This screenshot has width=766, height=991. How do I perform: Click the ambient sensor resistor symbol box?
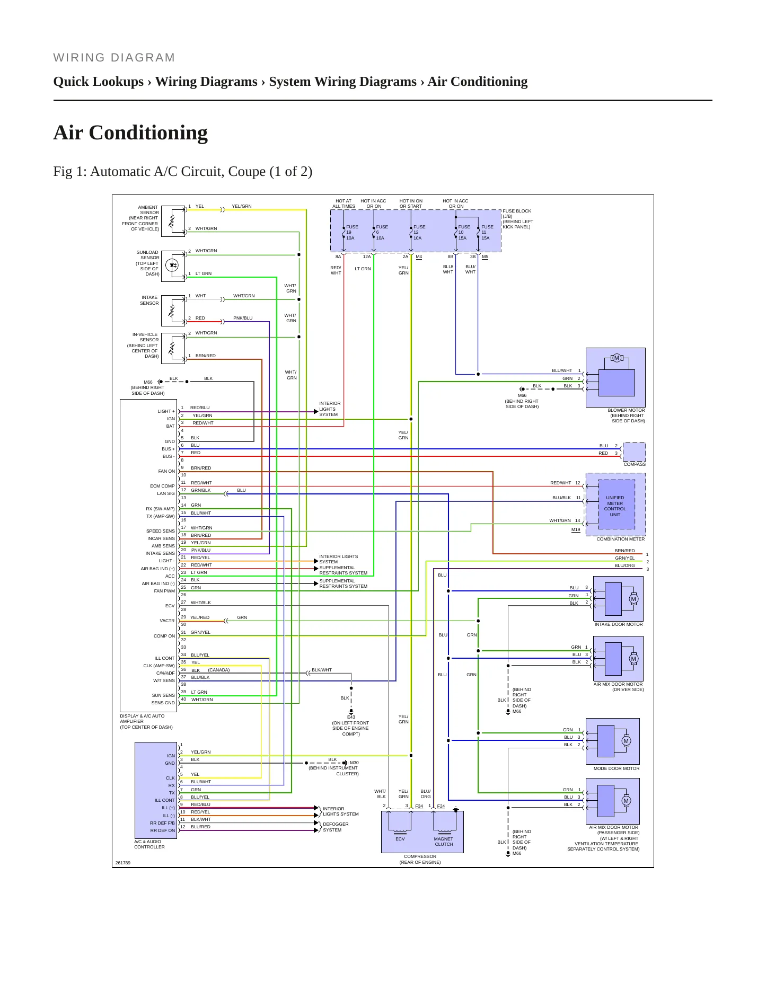(x=173, y=221)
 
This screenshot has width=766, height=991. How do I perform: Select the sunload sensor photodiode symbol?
(x=172, y=265)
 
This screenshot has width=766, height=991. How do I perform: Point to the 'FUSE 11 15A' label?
(x=487, y=232)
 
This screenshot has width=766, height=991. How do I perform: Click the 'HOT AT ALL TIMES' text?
(x=344, y=203)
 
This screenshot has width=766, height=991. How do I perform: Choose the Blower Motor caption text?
(x=627, y=415)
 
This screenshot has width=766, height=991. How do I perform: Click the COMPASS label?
(x=635, y=464)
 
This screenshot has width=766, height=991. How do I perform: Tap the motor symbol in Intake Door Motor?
(x=633, y=599)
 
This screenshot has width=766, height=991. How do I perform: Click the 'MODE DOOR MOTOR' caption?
(x=617, y=768)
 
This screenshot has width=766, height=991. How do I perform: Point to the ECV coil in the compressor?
(x=400, y=829)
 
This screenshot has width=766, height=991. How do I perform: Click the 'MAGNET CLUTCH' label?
(x=444, y=842)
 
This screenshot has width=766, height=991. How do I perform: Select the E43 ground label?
(x=351, y=717)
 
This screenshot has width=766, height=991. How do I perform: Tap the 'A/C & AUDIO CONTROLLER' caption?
(x=149, y=844)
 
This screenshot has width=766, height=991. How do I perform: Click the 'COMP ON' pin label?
(x=164, y=636)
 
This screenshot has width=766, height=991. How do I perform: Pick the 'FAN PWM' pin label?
(x=164, y=591)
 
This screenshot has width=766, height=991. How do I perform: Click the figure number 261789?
(x=123, y=863)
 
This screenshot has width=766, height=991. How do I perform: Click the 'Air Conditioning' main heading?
(x=130, y=132)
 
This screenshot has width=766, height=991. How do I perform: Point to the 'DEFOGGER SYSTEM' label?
(x=336, y=827)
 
